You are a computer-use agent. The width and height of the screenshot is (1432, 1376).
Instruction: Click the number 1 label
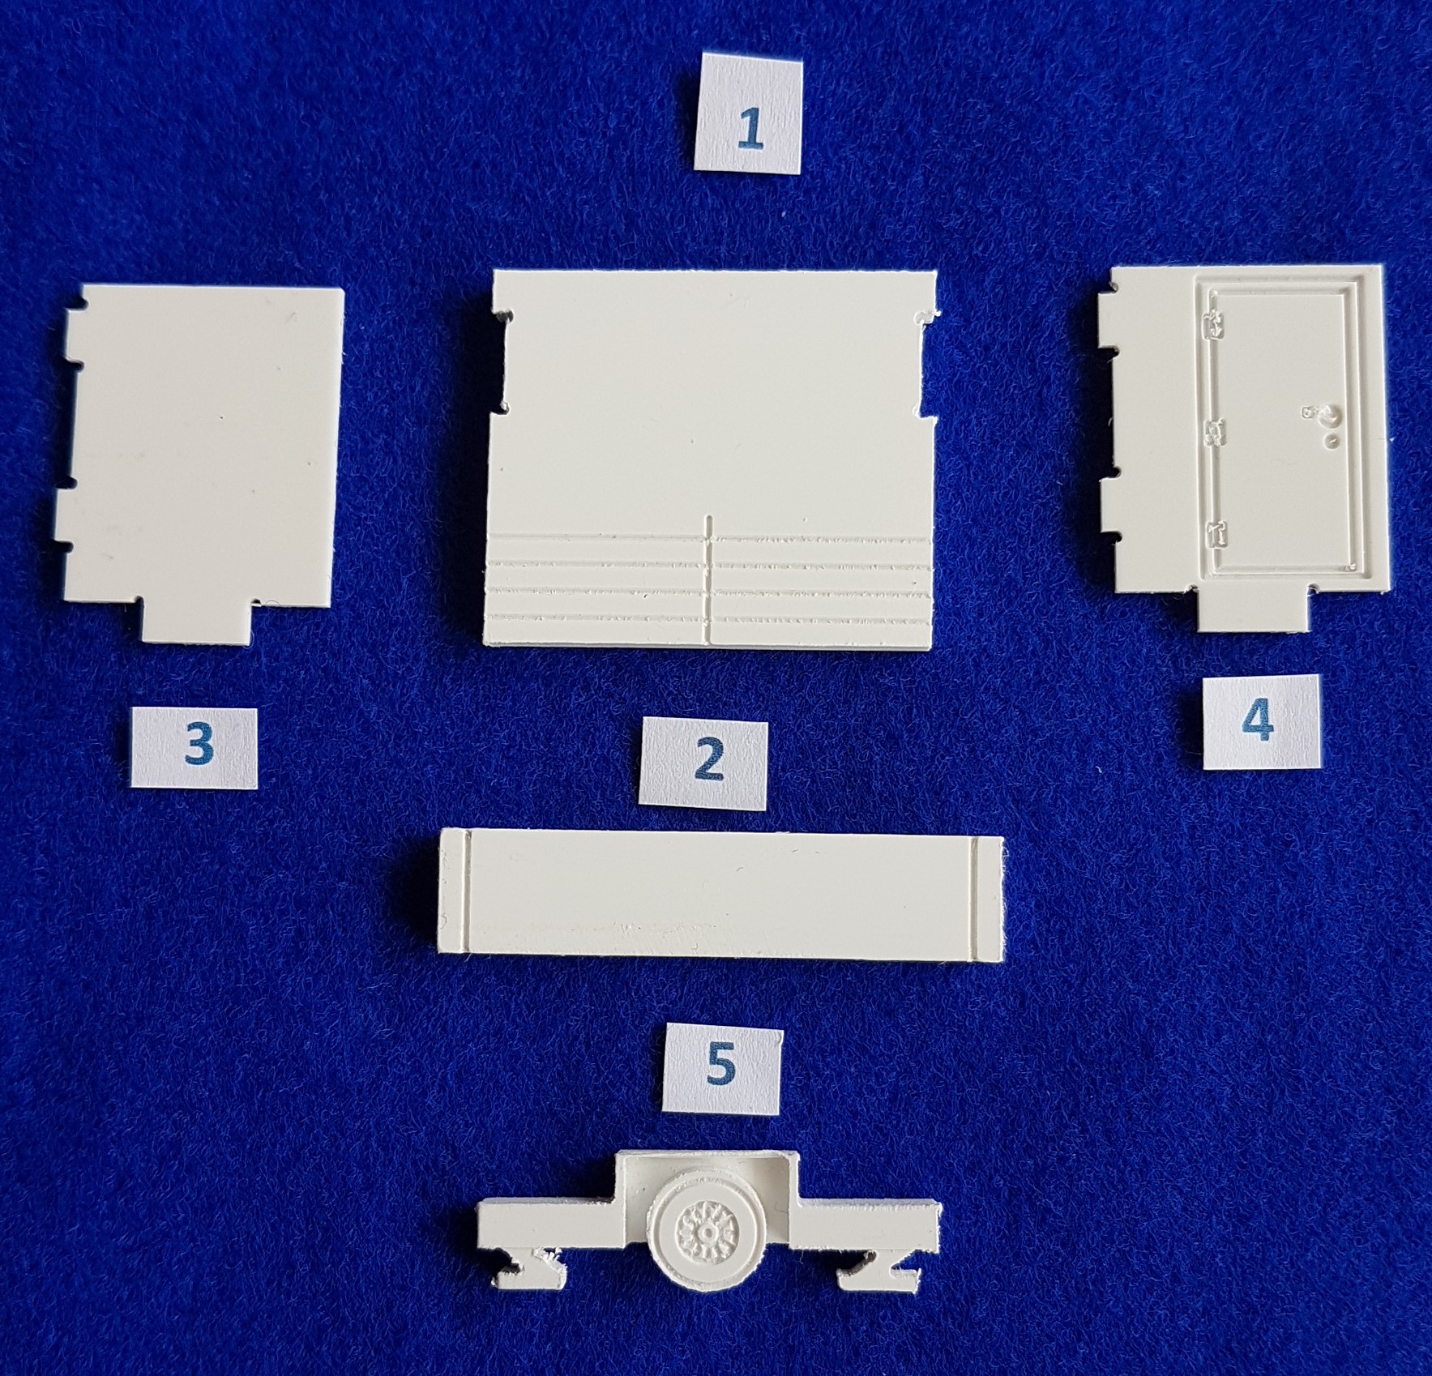coord(748,112)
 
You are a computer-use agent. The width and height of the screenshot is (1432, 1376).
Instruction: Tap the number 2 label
coord(705,763)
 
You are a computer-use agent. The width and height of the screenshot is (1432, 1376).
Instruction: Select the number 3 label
coord(195,747)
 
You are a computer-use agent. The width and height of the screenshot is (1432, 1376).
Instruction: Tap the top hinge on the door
coord(1215,327)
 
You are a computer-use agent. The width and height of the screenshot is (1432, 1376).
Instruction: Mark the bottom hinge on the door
coord(1214,533)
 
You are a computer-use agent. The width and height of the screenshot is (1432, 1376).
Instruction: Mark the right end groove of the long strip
coord(974,895)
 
